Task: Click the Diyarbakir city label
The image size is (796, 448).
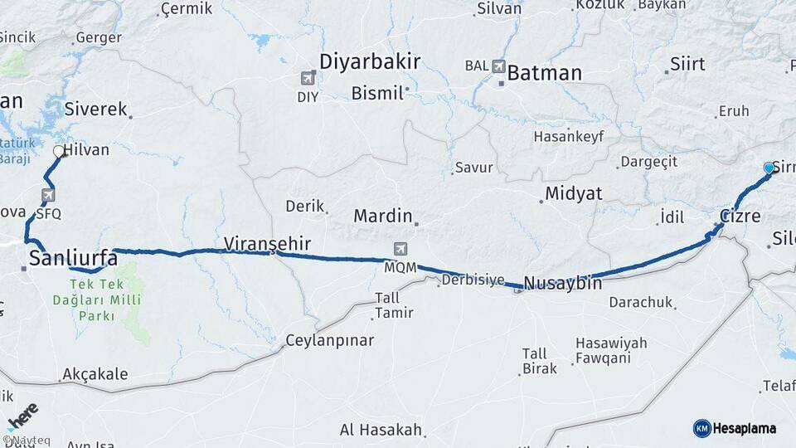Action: coord(370,61)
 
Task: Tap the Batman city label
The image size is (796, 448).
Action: coord(544,73)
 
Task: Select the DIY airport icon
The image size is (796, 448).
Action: coord(308,78)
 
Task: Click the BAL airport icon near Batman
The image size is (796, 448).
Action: coord(498,66)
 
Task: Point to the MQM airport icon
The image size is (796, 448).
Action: coord(401,250)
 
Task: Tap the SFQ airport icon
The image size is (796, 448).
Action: coord(48,196)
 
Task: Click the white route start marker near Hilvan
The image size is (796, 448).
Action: coord(59,152)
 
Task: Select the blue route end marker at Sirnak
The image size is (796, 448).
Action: coord(769,168)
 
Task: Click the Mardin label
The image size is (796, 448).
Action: coord(382,216)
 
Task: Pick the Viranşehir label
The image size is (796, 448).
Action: coord(267,243)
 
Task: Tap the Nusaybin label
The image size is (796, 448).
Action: coord(563,282)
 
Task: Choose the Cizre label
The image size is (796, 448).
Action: coord(740,216)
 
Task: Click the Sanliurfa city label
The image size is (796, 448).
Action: coord(73,258)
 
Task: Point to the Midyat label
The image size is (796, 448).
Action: coord(573,193)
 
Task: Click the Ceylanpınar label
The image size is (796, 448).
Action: coord(329,340)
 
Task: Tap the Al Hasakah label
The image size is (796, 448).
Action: coord(381,430)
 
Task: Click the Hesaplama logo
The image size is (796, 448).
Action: coord(735,428)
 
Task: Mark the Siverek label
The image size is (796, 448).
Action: coord(95,109)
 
